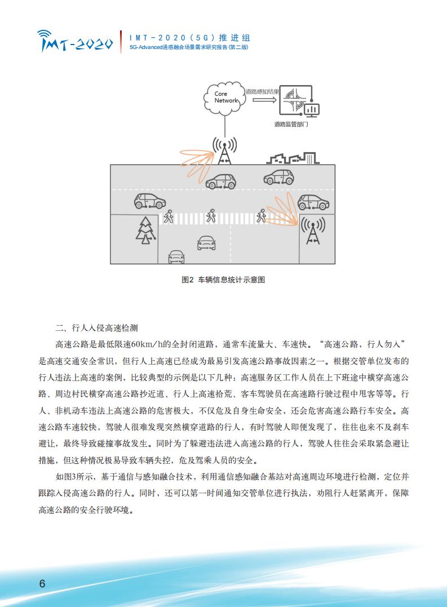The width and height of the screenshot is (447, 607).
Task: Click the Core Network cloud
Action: (224, 98)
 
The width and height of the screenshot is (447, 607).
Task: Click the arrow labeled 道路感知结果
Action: (264, 100)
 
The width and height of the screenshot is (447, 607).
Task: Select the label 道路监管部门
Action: (291, 124)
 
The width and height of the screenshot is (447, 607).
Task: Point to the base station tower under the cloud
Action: (224, 151)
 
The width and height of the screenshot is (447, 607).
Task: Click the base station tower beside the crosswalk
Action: (313, 231)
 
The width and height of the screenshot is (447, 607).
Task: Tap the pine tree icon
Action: (145, 231)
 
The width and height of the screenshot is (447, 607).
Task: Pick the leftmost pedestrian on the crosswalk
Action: (169, 216)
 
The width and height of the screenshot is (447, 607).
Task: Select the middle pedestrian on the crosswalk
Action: (210, 215)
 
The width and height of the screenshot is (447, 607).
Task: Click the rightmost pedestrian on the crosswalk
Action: (261, 216)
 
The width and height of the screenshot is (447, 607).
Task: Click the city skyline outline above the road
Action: (293, 158)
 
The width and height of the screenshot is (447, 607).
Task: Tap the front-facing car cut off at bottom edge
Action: (176, 257)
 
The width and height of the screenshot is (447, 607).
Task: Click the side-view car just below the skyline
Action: (278, 177)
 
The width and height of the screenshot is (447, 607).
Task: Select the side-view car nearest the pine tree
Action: (150, 201)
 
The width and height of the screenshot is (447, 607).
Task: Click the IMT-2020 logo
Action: (75, 41)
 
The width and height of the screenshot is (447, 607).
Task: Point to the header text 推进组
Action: (234, 38)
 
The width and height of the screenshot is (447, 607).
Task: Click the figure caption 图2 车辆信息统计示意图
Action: (223, 280)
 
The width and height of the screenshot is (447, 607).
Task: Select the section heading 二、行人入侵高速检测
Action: (96, 328)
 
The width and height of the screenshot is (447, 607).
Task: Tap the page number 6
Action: (42, 583)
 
